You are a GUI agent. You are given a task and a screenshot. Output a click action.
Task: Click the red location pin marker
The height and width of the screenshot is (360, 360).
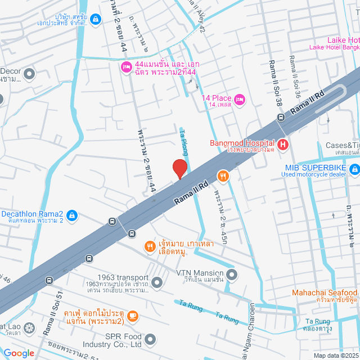click(x=179, y=169)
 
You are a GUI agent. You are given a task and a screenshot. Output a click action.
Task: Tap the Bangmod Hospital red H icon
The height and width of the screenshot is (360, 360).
click(x=282, y=145)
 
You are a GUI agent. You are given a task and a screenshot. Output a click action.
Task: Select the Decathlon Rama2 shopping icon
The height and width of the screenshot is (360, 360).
click(x=71, y=215)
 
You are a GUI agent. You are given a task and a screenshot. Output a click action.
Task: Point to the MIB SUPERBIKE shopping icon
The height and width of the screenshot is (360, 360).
click(x=354, y=169)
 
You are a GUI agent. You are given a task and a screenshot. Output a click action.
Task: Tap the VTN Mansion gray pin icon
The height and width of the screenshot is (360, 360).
click(x=232, y=275)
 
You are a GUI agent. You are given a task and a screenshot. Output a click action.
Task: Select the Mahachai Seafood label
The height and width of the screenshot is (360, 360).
click(x=325, y=293)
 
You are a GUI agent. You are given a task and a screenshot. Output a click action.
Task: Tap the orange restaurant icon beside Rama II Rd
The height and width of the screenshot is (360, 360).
click(x=223, y=177)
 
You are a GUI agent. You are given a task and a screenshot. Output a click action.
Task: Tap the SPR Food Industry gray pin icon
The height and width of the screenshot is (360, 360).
click(x=150, y=339)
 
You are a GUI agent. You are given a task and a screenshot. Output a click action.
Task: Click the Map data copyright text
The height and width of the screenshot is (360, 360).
click(x=335, y=355)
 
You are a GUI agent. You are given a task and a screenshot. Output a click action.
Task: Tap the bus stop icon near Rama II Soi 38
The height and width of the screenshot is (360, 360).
click(x=280, y=118)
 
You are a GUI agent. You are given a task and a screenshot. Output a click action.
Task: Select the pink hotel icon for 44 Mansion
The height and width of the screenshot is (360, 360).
click(x=126, y=68)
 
